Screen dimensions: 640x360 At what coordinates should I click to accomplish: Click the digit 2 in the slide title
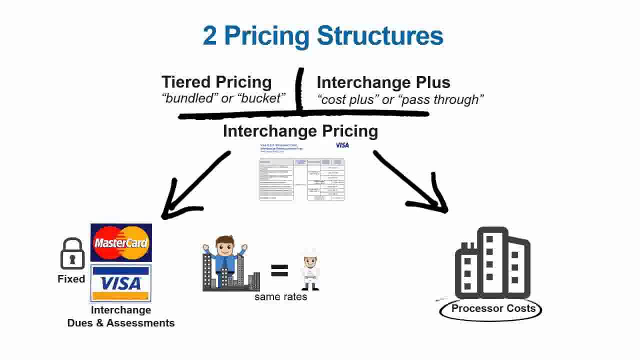(210, 36)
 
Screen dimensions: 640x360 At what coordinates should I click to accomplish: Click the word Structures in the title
(380, 36)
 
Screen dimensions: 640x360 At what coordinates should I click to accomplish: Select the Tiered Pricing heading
(216, 82)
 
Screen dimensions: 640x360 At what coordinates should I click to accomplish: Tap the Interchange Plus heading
(383, 82)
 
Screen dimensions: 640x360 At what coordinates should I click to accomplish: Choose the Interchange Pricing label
(300, 131)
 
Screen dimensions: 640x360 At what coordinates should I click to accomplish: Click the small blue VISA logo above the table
(342, 145)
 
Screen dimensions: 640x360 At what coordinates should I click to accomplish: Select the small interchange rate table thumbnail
(301, 179)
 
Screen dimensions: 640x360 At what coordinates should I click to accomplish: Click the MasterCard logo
(121, 243)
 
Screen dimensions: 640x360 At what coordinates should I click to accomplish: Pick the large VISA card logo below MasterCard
(121, 283)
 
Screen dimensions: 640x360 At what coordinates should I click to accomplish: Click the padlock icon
(72, 254)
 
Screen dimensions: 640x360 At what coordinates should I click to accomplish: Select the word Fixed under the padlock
(71, 279)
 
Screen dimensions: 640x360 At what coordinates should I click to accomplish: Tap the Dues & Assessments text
(121, 323)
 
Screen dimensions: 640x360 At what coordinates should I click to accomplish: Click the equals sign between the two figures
(279, 270)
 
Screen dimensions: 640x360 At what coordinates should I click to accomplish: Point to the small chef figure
(310, 270)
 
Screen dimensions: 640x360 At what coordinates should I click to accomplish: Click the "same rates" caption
(280, 297)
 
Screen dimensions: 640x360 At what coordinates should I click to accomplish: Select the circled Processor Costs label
(493, 308)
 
